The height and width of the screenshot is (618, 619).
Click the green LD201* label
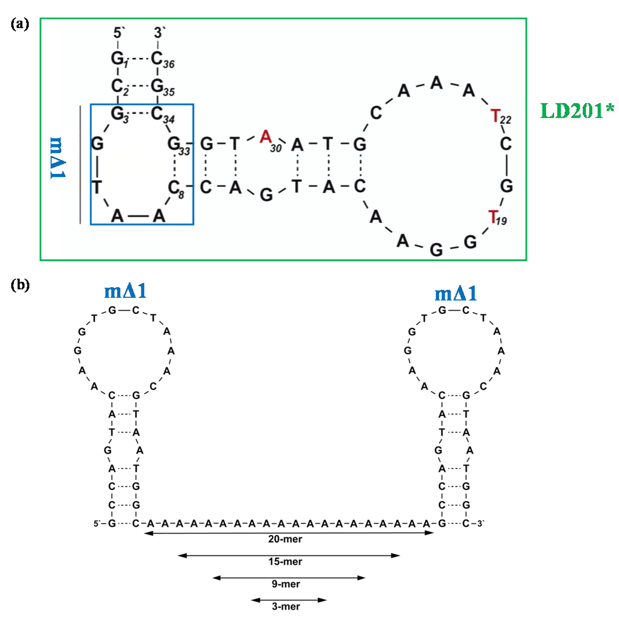(x=577, y=111)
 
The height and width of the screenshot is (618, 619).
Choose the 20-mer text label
(x=285, y=539)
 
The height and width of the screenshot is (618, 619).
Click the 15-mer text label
(x=285, y=561)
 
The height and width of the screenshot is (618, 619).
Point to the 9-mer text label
(x=285, y=584)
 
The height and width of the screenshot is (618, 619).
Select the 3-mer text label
(x=285, y=606)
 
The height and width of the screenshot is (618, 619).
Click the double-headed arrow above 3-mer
(x=288, y=600)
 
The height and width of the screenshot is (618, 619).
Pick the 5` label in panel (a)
(x=119, y=33)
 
